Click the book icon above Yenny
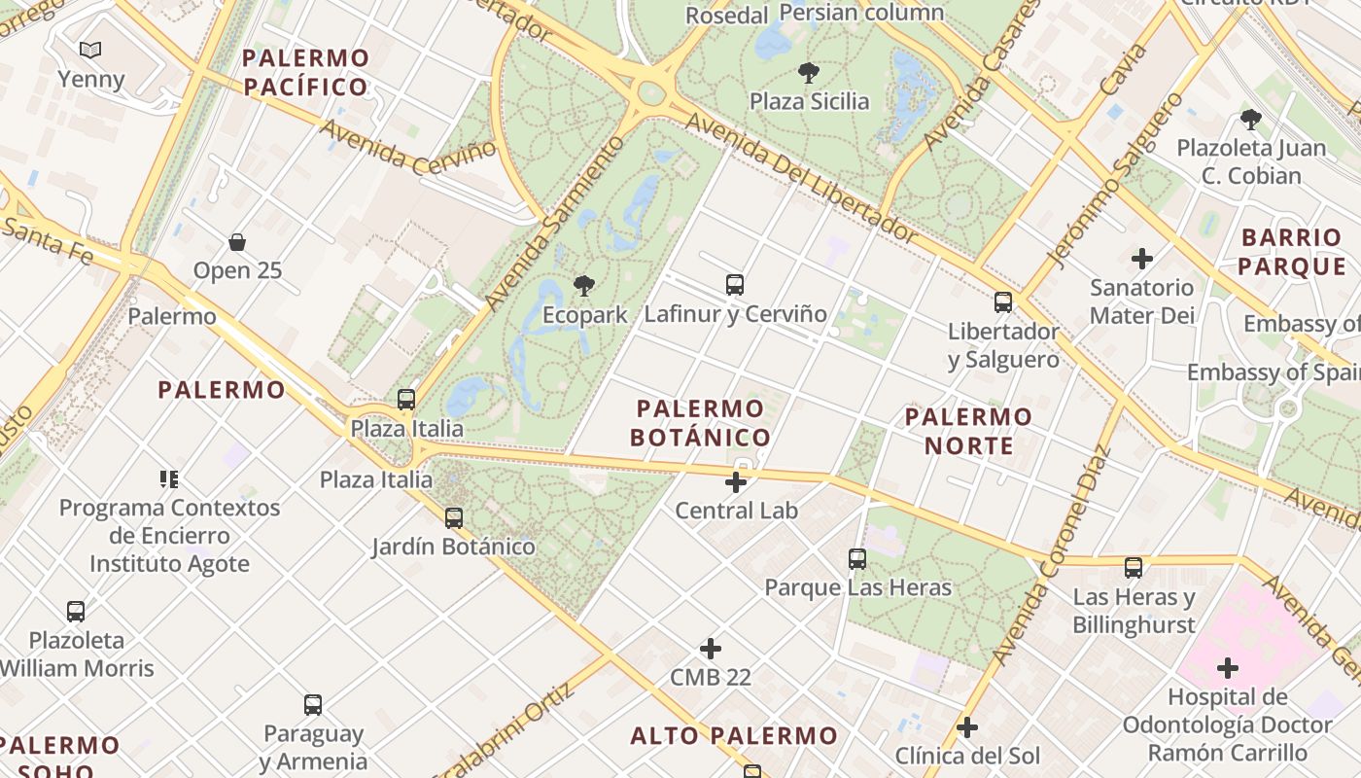[x=90, y=50]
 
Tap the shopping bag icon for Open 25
[x=237, y=241]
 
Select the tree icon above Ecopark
[x=583, y=286]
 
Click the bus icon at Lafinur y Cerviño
[x=735, y=285]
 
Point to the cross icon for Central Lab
[x=736, y=481]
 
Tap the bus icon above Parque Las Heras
[x=856, y=559]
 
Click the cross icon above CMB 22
[x=711, y=649]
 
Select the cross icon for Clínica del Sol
[x=966, y=727]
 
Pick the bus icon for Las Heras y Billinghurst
[x=1134, y=568]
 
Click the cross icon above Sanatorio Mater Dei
[x=1142, y=259]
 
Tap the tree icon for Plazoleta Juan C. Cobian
[x=1250, y=120]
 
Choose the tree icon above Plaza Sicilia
[x=808, y=72]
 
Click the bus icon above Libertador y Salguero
[x=1003, y=302]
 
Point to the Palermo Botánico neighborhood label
[x=700, y=423]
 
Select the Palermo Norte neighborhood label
[x=968, y=432]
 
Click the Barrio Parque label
[x=1291, y=252]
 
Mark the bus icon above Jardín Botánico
[x=454, y=518]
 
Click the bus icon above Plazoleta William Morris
[x=76, y=612]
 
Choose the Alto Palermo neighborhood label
[x=733, y=736]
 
